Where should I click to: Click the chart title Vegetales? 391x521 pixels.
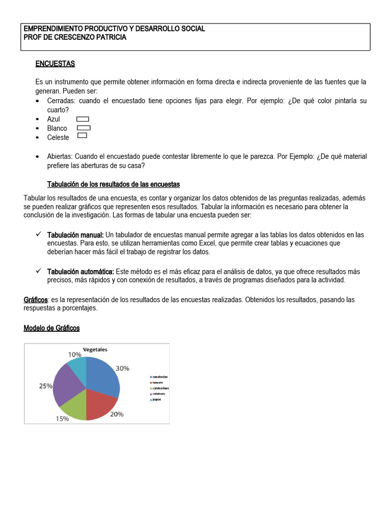pyautogui.click(x=95, y=350)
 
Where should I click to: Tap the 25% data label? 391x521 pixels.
pyautogui.click(x=46, y=386)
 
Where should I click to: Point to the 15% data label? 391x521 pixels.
pyautogui.click(x=62, y=418)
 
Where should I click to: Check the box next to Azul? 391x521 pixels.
pyautogui.click(x=82, y=119)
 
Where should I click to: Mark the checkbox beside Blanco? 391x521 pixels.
pyautogui.click(x=83, y=128)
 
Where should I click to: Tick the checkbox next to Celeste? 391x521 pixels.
pyautogui.click(x=82, y=136)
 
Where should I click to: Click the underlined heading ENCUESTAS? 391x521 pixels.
pyautogui.click(x=55, y=64)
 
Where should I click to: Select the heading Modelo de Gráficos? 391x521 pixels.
pyautogui.click(x=52, y=328)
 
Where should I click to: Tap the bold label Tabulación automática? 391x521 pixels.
pyautogui.click(x=80, y=271)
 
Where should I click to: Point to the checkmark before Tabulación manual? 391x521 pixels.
pyautogui.click(x=39, y=234)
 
